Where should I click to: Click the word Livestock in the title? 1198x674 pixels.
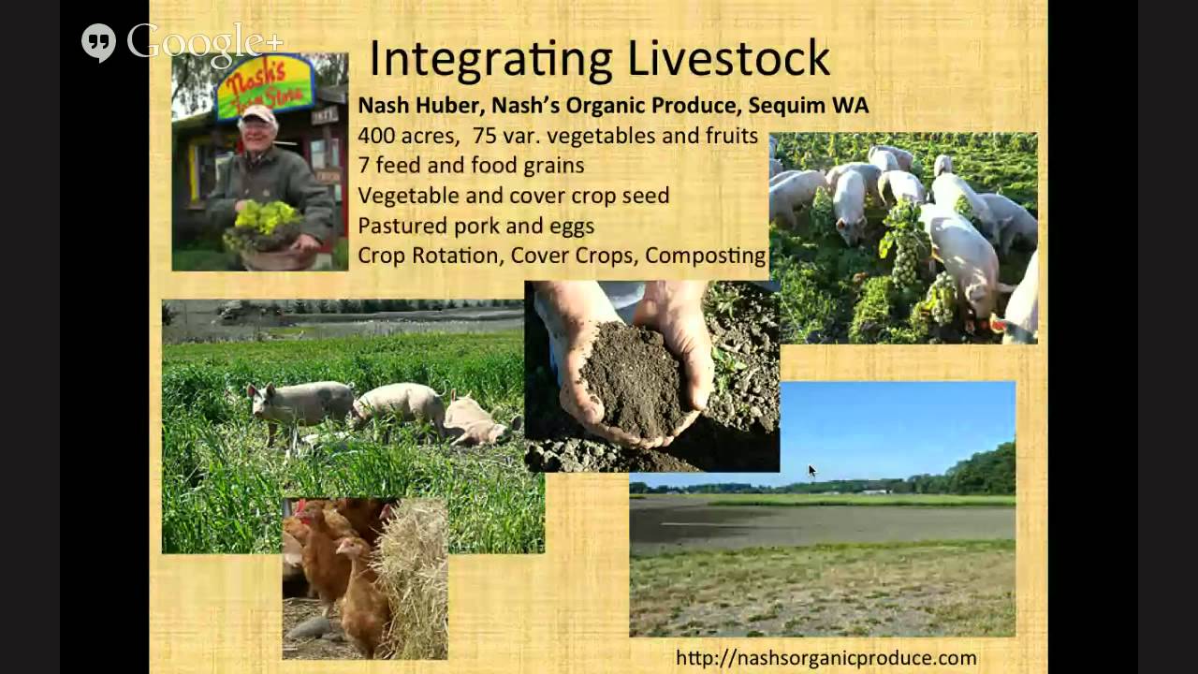pos(728,58)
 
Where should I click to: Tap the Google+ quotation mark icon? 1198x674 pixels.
pos(98,42)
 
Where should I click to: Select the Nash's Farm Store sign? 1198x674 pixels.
pos(265,86)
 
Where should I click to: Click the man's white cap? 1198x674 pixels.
pos(259,113)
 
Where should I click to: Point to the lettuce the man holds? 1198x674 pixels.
pos(265,218)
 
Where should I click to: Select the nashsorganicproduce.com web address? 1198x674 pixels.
pos(825,658)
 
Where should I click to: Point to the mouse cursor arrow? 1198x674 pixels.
pos(811,471)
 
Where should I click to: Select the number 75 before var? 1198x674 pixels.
pos(485,136)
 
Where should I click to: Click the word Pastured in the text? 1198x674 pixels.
pos(399,226)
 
